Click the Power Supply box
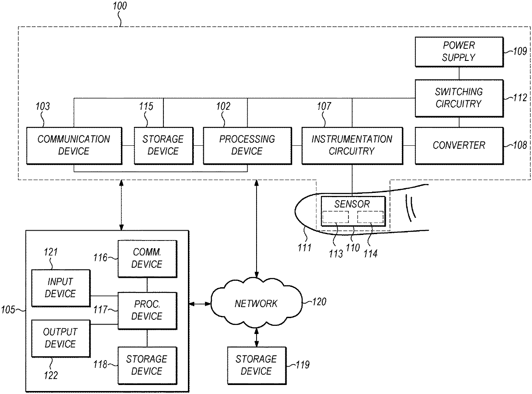point(459,52)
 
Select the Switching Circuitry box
point(459,98)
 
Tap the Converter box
point(459,145)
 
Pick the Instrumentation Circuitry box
point(352,145)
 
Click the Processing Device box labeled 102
point(247,145)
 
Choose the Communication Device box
point(74,145)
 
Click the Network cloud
point(256,303)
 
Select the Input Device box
point(61,288)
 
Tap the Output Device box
point(61,338)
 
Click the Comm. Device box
point(147,259)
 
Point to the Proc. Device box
point(147,310)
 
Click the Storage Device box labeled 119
point(257,365)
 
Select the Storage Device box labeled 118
point(147,365)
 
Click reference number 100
point(120,6)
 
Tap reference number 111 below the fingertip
point(304,247)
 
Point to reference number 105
point(8,310)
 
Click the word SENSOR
point(352,204)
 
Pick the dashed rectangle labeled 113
point(336,217)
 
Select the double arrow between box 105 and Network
point(200,304)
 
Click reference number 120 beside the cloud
point(319,302)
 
